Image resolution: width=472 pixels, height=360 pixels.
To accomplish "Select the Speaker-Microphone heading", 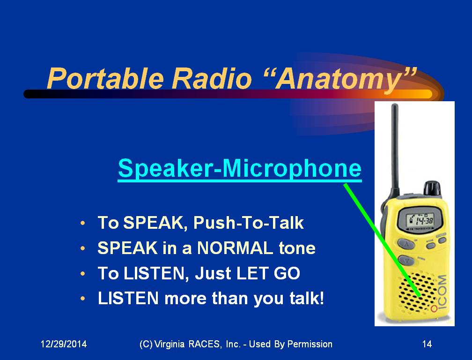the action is pos(240,168).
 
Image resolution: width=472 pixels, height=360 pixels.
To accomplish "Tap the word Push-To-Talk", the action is pos(248,223).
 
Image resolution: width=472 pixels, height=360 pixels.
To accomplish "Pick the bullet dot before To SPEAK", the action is pos(83,223).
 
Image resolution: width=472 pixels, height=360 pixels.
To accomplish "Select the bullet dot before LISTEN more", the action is pos(83,299).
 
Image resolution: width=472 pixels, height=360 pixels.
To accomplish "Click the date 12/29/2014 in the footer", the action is pos(64,344).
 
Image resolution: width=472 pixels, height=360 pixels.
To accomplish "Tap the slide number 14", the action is pos(427,344).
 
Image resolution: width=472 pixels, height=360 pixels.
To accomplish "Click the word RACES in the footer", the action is pos(204,344).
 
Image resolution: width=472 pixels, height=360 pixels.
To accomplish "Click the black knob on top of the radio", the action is pos(432,188).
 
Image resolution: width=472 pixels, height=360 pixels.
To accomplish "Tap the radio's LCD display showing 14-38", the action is pos(420,221).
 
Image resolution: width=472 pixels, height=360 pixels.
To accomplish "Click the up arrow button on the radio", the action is pos(406,243).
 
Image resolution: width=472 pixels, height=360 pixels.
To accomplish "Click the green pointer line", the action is pos(382,240).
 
